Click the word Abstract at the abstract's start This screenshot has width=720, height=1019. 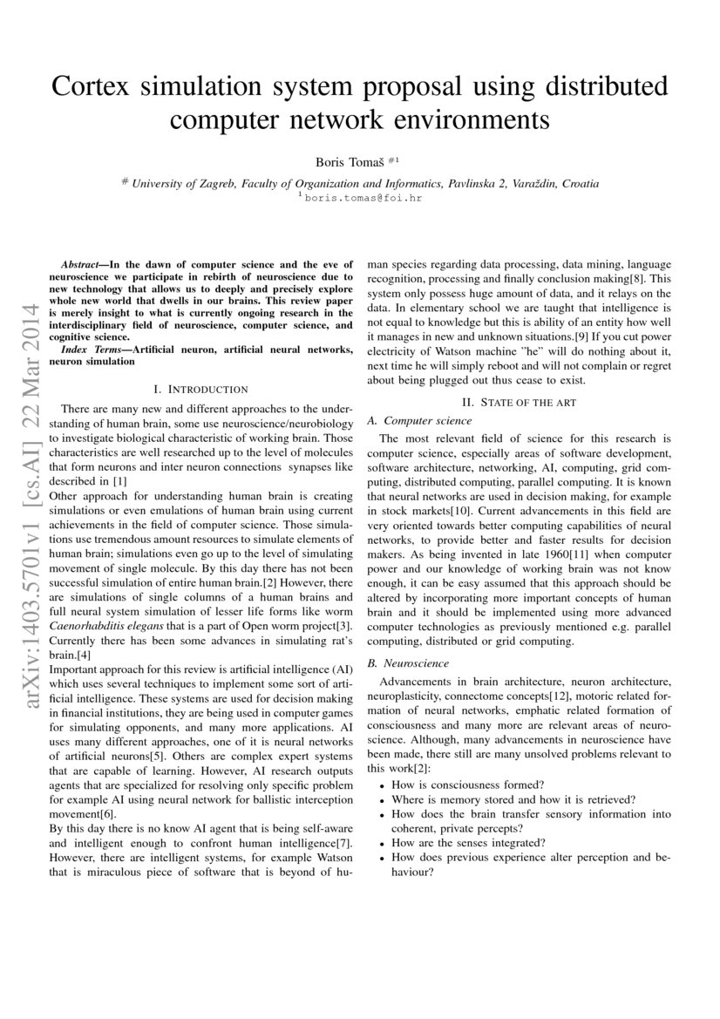click(x=84, y=263)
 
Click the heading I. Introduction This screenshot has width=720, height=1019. click(x=200, y=389)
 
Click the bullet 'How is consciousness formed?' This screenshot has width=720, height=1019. click(x=468, y=785)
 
